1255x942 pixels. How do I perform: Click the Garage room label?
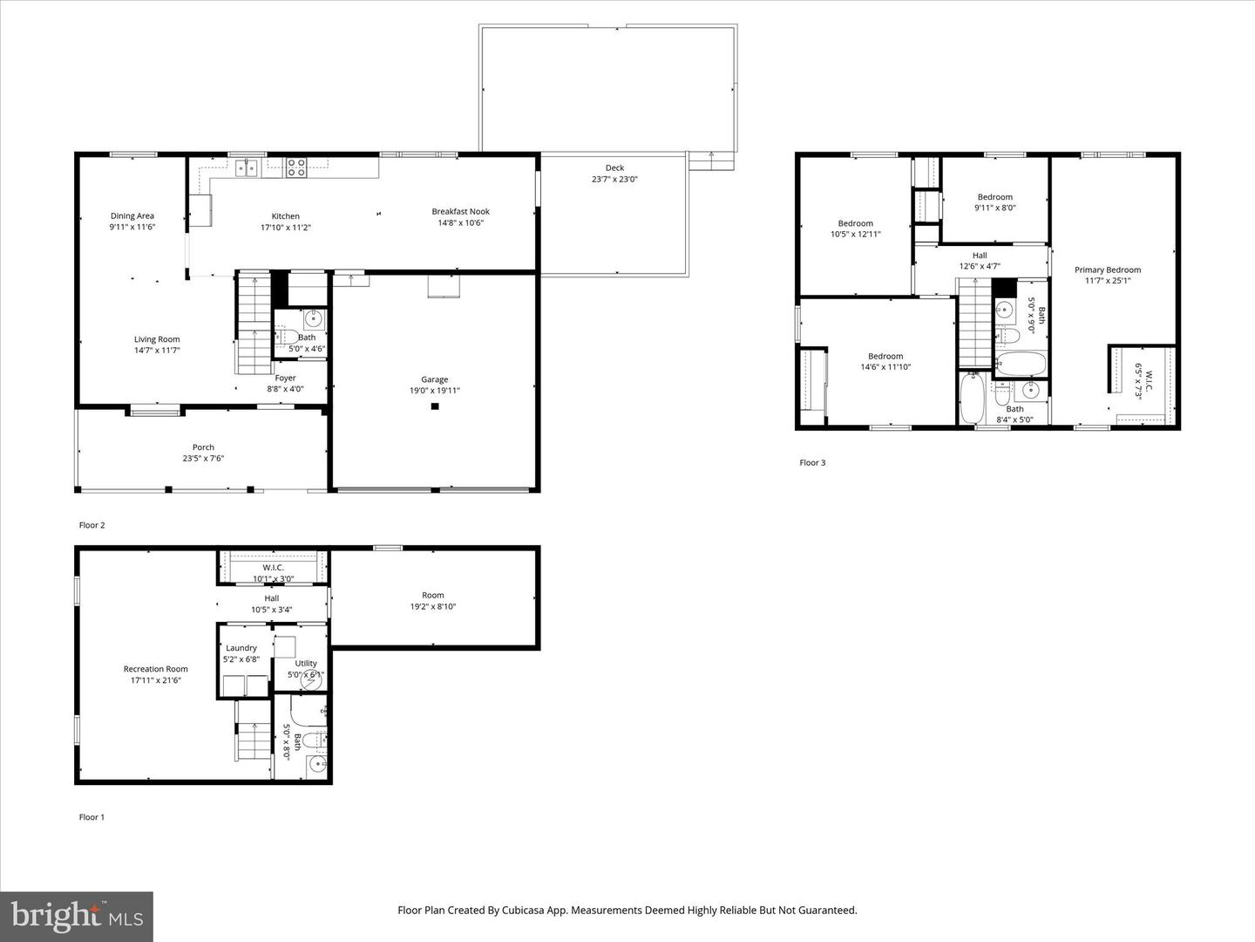[434, 379]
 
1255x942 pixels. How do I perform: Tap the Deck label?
[614, 168]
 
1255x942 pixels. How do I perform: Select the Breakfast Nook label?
[460, 211]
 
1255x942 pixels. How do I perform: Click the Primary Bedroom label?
[1107, 270]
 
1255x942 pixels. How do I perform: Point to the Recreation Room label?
[155, 669]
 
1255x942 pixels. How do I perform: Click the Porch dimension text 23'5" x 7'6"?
[203, 458]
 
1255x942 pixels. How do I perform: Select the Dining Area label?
[132, 216]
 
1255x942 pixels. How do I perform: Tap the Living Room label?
[157, 339]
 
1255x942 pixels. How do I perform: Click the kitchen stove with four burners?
[296, 167]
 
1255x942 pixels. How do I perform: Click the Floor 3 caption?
[811, 462]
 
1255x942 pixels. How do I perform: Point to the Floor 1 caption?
[92, 817]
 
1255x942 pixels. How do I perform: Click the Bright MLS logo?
[77, 916]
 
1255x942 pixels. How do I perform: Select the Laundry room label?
[241, 648]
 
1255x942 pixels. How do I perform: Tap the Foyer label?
[285, 378]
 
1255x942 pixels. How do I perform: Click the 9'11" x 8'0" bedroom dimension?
[994, 208]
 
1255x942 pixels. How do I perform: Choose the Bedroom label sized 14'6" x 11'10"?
[885, 356]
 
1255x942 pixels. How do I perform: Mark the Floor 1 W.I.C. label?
[273, 568]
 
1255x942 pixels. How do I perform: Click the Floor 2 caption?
[92, 525]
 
